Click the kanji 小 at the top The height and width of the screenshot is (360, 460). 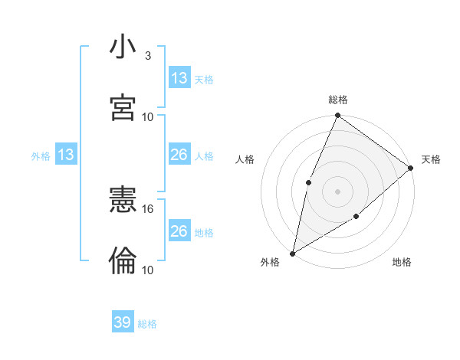click(123, 47)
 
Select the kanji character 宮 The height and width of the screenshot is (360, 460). click(123, 108)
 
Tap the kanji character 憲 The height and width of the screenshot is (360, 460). click(123, 201)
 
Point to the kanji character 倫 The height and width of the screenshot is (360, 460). click(123, 261)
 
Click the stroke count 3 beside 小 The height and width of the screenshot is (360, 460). click(147, 56)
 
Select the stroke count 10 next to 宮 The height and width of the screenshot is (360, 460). click(148, 117)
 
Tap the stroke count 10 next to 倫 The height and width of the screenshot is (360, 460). click(148, 270)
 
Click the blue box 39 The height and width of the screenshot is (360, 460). click(123, 322)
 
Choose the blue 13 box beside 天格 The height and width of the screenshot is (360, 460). click(179, 78)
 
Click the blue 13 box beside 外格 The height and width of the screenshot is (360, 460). click(65, 155)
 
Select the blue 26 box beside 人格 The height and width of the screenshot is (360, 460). click(179, 155)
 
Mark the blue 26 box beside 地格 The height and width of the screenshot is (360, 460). click(179, 231)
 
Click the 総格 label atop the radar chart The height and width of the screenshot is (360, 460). click(338, 100)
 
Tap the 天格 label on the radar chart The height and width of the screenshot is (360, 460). click(431, 159)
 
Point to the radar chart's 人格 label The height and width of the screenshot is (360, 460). click(245, 159)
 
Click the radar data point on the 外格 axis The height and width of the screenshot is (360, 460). click(292, 253)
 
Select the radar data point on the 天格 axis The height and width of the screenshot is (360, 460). click(411, 168)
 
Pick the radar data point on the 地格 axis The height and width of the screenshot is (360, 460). click(356, 218)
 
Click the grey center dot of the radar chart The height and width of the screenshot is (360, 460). click(337, 191)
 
